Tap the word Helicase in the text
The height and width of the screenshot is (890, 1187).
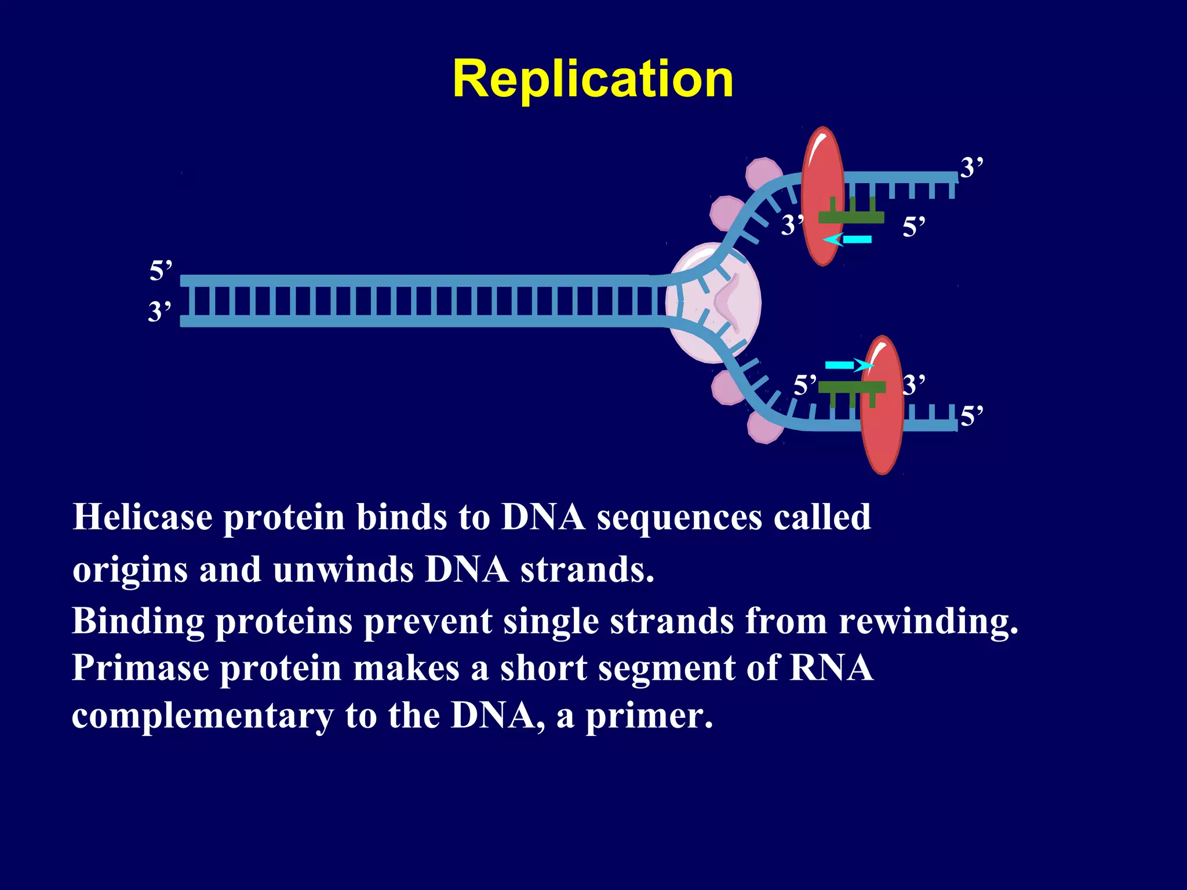point(142,517)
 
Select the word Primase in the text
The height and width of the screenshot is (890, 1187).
point(140,668)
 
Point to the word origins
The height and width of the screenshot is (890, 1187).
point(130,570)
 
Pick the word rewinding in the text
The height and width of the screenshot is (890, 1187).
point(927,621)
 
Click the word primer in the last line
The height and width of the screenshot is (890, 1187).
point(648,716)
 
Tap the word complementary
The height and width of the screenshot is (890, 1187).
point(202,716)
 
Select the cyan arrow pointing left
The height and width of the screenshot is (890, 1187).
point(847,239)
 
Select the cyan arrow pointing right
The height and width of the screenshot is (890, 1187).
point(849,365)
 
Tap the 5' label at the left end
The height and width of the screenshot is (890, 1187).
point(161,271)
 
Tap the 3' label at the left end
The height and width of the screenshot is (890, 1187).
point(160,312)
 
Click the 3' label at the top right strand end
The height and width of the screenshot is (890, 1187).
point(972,168)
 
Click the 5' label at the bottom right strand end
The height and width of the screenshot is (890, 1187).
point(972,417)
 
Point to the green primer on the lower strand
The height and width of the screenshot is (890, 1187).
point(851,387)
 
